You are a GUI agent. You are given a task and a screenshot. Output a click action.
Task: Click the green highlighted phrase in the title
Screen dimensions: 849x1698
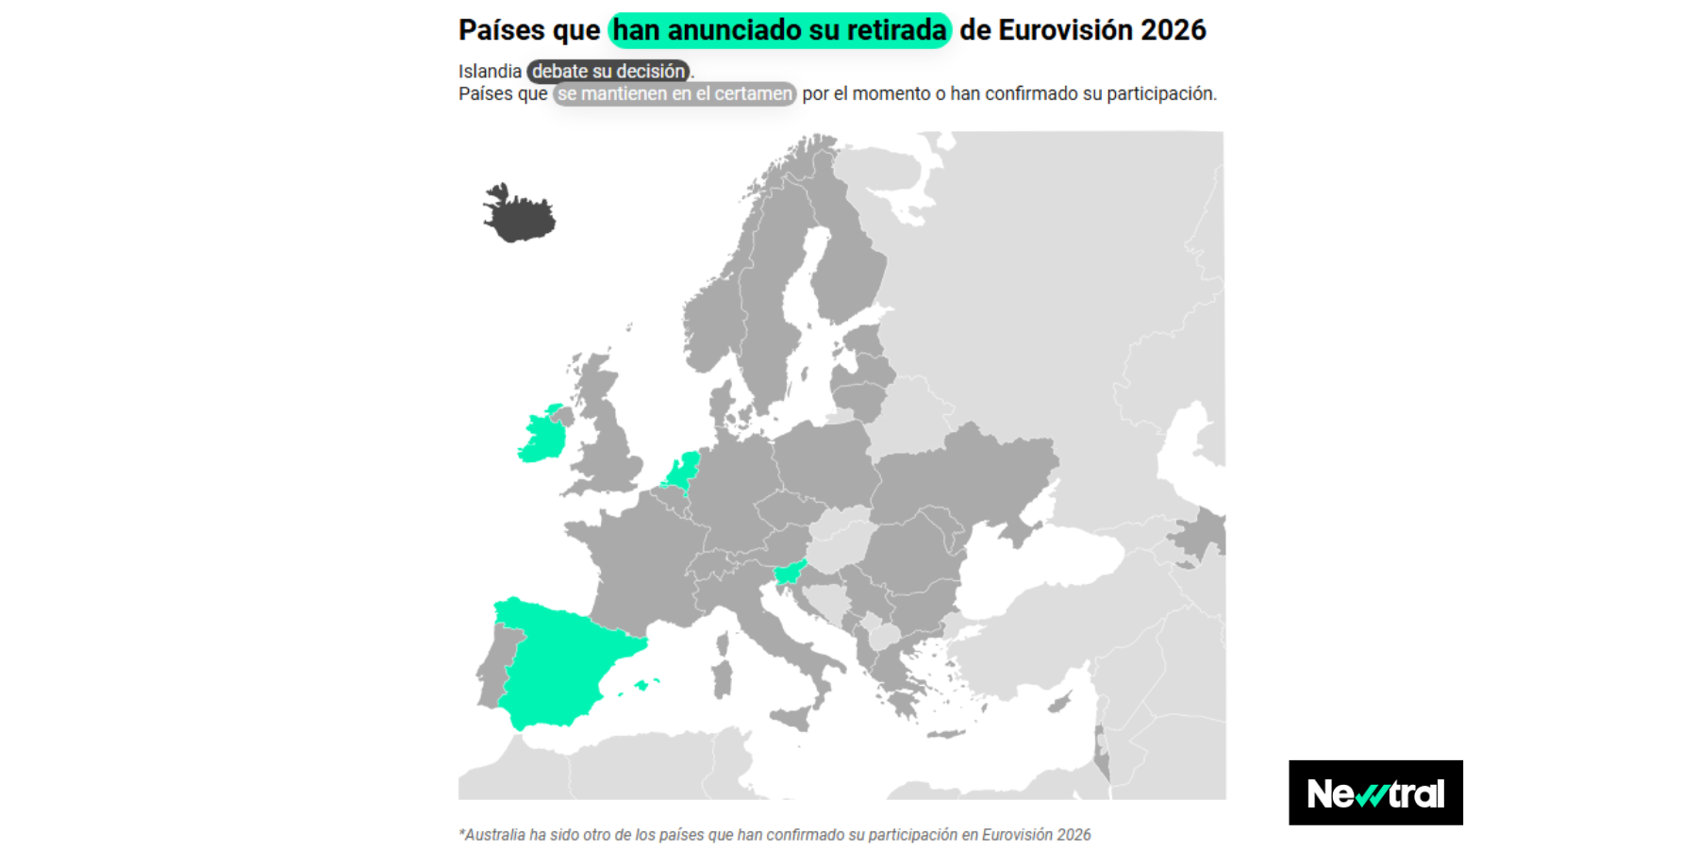pos(779,30)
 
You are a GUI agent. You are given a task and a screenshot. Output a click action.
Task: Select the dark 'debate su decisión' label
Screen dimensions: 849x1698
pos(608,72)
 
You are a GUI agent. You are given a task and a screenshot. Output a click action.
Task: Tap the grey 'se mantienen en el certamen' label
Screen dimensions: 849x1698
pos(674,94)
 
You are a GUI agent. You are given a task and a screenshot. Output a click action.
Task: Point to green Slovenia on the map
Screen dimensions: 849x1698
pos(788,572)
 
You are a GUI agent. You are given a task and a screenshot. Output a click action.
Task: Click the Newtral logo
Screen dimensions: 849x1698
pos(1375,793)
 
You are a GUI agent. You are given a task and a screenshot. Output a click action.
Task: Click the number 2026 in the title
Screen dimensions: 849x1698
pos(1173,30)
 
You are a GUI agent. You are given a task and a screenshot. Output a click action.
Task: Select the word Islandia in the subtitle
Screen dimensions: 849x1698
pos(490,72)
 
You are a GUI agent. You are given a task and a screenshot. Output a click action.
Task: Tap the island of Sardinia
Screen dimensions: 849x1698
pos(723,679)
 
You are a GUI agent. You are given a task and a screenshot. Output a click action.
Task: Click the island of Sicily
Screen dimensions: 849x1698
pos(792,718)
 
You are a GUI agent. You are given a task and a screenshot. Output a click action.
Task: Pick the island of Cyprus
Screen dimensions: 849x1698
pos(1060,703)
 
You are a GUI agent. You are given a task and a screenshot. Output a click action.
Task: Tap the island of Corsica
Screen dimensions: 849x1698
pos(724,644)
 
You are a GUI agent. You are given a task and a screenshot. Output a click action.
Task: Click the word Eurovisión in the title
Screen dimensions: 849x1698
pos(1066,30)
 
